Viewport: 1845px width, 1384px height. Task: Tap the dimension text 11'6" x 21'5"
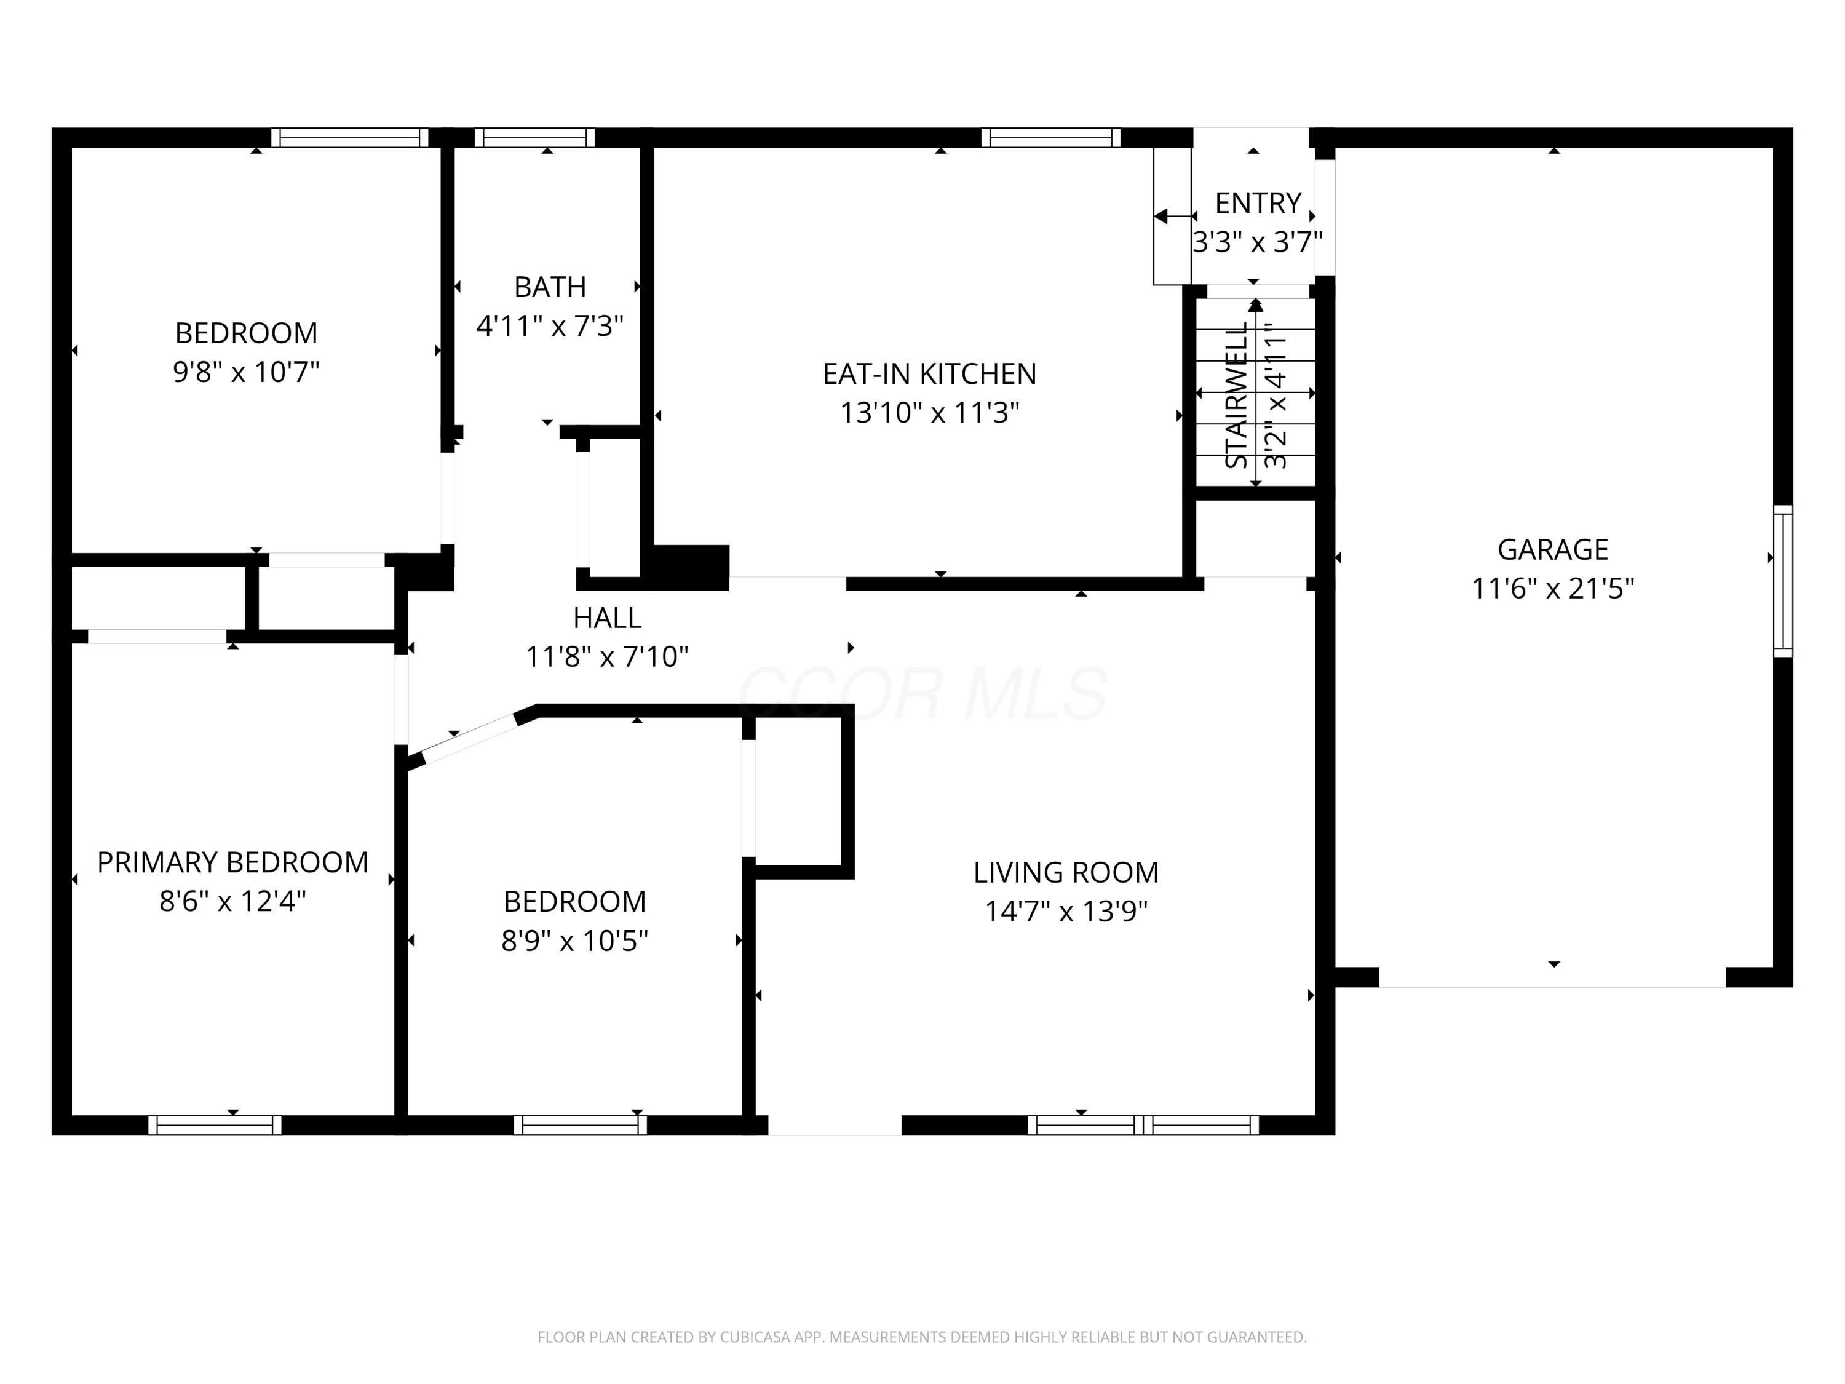(x=1552, y=589)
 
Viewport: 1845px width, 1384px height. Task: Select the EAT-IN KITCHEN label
(x=929, y=374)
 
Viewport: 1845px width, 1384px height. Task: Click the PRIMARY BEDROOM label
(x=232, y=862)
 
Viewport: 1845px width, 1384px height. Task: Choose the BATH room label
(x=550, y=287)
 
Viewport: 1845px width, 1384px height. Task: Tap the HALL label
(x=607, y=618)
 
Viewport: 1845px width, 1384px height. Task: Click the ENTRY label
(x=1258, y=203)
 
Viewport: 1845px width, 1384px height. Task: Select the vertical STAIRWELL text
(x=1236, y=396)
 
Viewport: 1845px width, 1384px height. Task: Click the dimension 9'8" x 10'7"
(x=246, y=372)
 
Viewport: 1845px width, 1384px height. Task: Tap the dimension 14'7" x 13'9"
(x=1066, y=911)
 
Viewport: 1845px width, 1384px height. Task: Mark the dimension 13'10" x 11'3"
(x=929, y=413)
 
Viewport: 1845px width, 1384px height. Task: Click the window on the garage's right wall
(x=1782, y=581)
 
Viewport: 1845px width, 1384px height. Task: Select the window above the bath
(x=534, y=138)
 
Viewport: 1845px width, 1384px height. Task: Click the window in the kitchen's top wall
(x=1051, y=138)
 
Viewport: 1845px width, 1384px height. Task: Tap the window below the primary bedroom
(x=215, y=1126)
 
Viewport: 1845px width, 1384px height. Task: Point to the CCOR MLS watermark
(x=922, y=693)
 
